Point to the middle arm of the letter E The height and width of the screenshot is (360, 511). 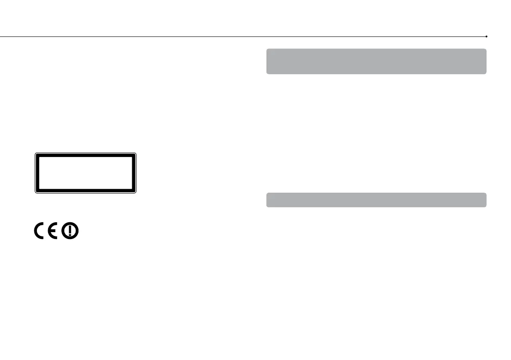[x=55, y=232]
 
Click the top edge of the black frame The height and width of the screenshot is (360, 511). [x=85, y=154]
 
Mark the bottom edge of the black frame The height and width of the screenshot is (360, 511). [x=85, y=191]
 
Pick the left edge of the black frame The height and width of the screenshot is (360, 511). [x=37, y=172]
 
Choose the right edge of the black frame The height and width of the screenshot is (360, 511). [x=134, y=172]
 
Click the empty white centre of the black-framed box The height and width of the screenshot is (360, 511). [x=85, y=172]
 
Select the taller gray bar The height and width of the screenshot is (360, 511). [x=376, y=61]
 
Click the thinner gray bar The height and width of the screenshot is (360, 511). [x=376, y=200]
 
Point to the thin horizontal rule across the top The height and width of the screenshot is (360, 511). [x=240, y=37]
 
